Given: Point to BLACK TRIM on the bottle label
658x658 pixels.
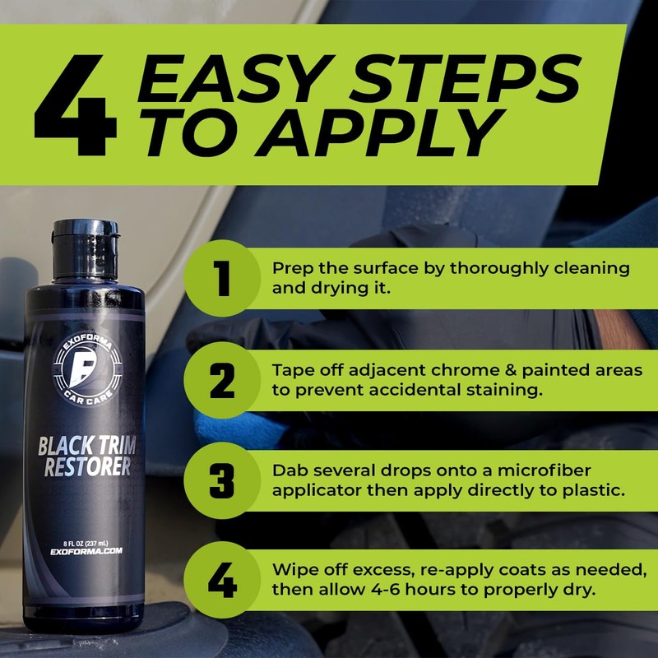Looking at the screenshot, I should click(x=86, y=447).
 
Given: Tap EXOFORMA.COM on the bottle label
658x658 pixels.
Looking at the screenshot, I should click(x=86, y=552).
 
